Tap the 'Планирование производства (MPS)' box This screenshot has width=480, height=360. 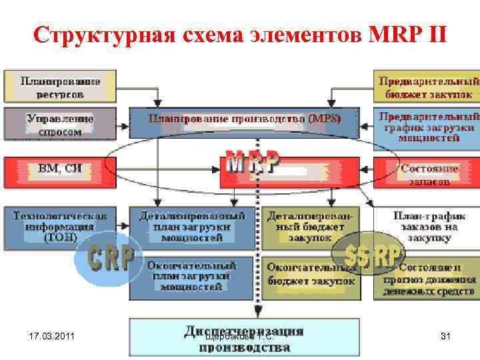coord(244,120)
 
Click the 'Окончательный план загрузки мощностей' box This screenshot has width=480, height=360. coord(192,276)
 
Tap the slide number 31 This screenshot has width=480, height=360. coord(446,337)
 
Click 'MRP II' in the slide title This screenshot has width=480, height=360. coord(407,34)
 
